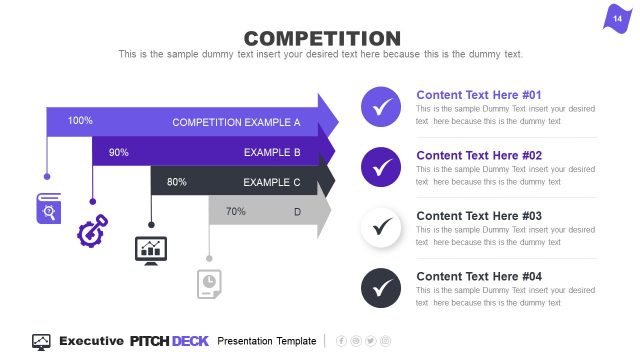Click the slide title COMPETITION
coord(321,37)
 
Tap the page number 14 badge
coord(617,19)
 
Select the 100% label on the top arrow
coord(80,121)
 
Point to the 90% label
coord(119,152)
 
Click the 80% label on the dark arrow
coord(177,182)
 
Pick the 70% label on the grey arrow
coord(236,211)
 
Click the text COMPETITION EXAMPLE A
coord(236,122)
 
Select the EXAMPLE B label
coord(272,153)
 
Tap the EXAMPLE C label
coord(272,183)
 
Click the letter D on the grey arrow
coord(297,212)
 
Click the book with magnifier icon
coord(48,209)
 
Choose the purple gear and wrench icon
coord(92,230)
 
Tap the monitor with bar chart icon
coord(151,249)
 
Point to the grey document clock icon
coord(209,283)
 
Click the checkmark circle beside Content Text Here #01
coord(380,107)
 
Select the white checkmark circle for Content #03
coord(380,227)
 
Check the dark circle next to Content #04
coord(380,288)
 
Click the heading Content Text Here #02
coord(479,155)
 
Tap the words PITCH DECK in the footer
coord(169,341)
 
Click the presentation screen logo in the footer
coord(42,341)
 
